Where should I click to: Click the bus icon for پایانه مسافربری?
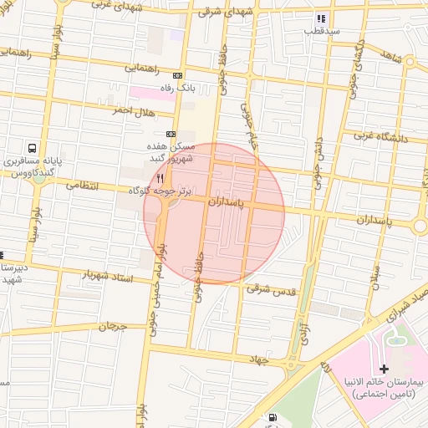coord(31,145)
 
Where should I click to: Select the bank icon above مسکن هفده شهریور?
coord(171,134)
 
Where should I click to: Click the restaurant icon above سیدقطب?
coord(320,18)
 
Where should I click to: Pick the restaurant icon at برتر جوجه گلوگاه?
coord(160,178)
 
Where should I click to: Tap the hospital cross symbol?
coord(384,369)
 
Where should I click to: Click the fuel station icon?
coord(273,417)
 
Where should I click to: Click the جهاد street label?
coord(254,358)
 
